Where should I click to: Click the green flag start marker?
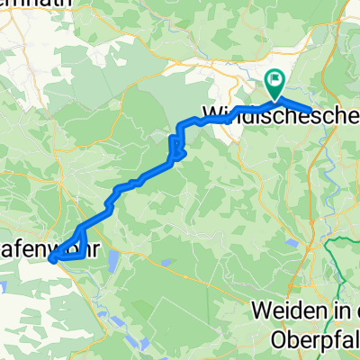tap(274, 83)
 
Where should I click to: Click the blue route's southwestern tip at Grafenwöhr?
tap(52, 259)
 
